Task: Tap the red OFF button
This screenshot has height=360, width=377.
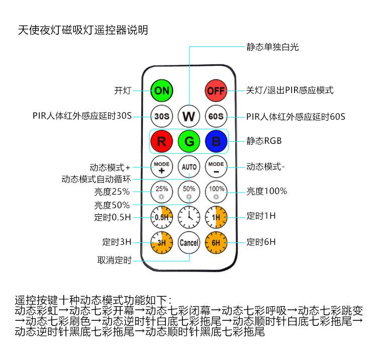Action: tap(216, 91)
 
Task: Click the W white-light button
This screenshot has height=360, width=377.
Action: tap(189, 116)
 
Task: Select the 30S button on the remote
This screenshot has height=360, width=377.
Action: tap(162, 116)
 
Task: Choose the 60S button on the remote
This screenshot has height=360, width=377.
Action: tap(216, 116)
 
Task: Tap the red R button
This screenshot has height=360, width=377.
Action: tap(162, 141)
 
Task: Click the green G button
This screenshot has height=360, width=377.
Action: tap(189, 141)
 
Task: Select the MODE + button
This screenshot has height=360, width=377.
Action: tap(162, 167)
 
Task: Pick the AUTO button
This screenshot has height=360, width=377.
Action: tap(189, 167)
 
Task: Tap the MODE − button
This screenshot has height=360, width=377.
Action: tap(216, 167)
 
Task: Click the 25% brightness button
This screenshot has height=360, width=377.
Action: tap(162, 192)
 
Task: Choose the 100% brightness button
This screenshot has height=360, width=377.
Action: tap(216, 192)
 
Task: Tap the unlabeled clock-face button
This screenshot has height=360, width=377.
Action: tap(189, 217)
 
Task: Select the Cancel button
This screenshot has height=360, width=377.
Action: tap(189, 243)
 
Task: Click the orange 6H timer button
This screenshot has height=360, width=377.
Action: tap(216, 243)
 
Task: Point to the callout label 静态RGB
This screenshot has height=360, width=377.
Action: tap(264, 141)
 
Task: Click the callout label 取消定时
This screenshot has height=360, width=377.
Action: tap(115, 260)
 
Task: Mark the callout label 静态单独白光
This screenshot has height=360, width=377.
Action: tap(272, 47)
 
